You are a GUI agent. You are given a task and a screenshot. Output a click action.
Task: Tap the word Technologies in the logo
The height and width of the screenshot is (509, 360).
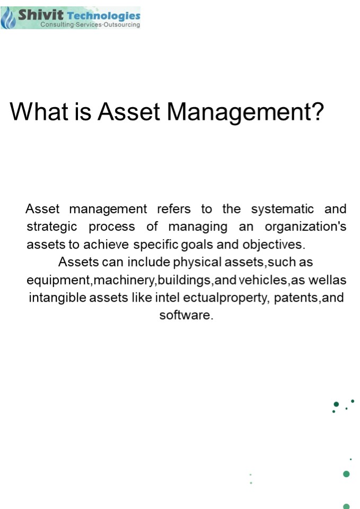coord(104,15)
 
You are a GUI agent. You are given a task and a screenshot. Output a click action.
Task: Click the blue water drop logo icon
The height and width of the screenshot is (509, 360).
coord(8,19)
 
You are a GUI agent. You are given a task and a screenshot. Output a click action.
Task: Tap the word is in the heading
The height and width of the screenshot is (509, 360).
coord(83,112)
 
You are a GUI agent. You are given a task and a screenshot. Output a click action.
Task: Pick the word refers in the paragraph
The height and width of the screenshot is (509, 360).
coord(173,209)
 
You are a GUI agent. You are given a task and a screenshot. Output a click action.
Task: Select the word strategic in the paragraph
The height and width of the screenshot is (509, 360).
coord(51,227)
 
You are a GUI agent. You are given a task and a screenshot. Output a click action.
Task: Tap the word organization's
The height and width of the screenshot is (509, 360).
coord(305,227)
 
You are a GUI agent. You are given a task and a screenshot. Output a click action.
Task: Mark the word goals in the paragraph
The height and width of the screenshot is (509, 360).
coord(198,245)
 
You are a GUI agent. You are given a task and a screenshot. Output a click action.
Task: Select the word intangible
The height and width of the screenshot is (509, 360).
coord(57,297)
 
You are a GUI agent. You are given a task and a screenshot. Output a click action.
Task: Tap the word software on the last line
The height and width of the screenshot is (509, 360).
coord(186,315)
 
